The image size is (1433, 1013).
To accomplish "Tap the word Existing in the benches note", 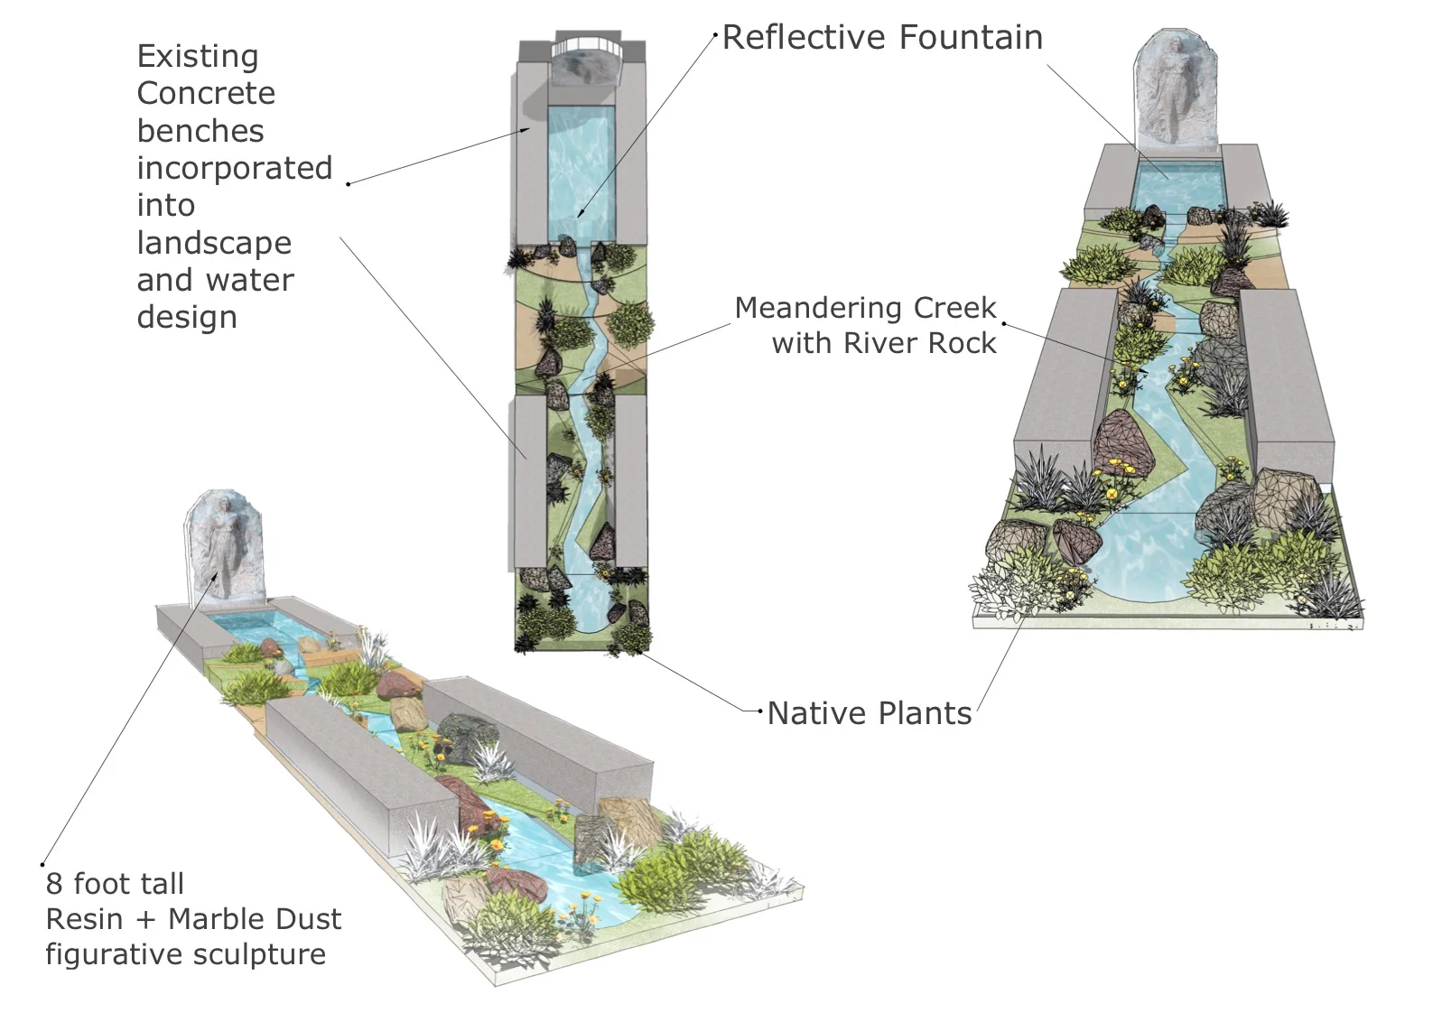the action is pos(198,57).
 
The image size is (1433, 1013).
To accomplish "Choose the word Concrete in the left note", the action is pos(206,94).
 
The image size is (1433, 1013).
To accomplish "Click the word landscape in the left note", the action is pos(214,244).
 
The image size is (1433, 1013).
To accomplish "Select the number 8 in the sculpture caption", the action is pos(54,884).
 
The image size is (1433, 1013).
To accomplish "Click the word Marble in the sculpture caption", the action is pos(213,920).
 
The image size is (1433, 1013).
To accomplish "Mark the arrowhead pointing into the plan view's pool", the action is pos(580,214).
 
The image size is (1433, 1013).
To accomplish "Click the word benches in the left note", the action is pos(200,132).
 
